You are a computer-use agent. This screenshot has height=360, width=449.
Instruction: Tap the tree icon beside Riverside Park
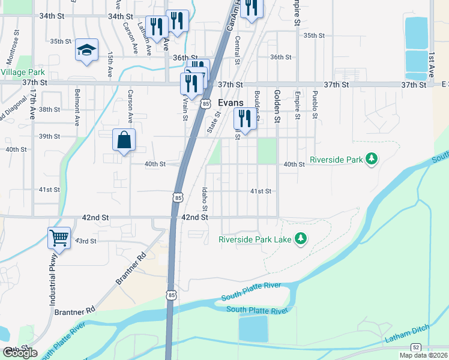[x=372, y=159]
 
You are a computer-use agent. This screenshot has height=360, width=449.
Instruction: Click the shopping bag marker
[x=124, y=140]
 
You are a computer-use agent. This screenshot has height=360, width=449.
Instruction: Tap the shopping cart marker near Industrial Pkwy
[x=59, y=238]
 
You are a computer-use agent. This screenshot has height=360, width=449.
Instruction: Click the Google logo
[x=20, y=353]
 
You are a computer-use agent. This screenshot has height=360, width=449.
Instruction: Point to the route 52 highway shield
[x=415, y=347]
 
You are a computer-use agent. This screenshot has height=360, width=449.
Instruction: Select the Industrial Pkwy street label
[x=52, y=283]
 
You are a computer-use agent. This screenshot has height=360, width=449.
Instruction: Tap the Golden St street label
[x=277, y=106]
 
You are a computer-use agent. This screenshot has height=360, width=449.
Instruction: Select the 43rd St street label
[x=85, y=241]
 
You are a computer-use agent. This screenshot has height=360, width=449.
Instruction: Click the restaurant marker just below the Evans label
[x=244, y=118]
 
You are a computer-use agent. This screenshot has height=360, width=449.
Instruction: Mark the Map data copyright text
[x=423, y=355]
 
